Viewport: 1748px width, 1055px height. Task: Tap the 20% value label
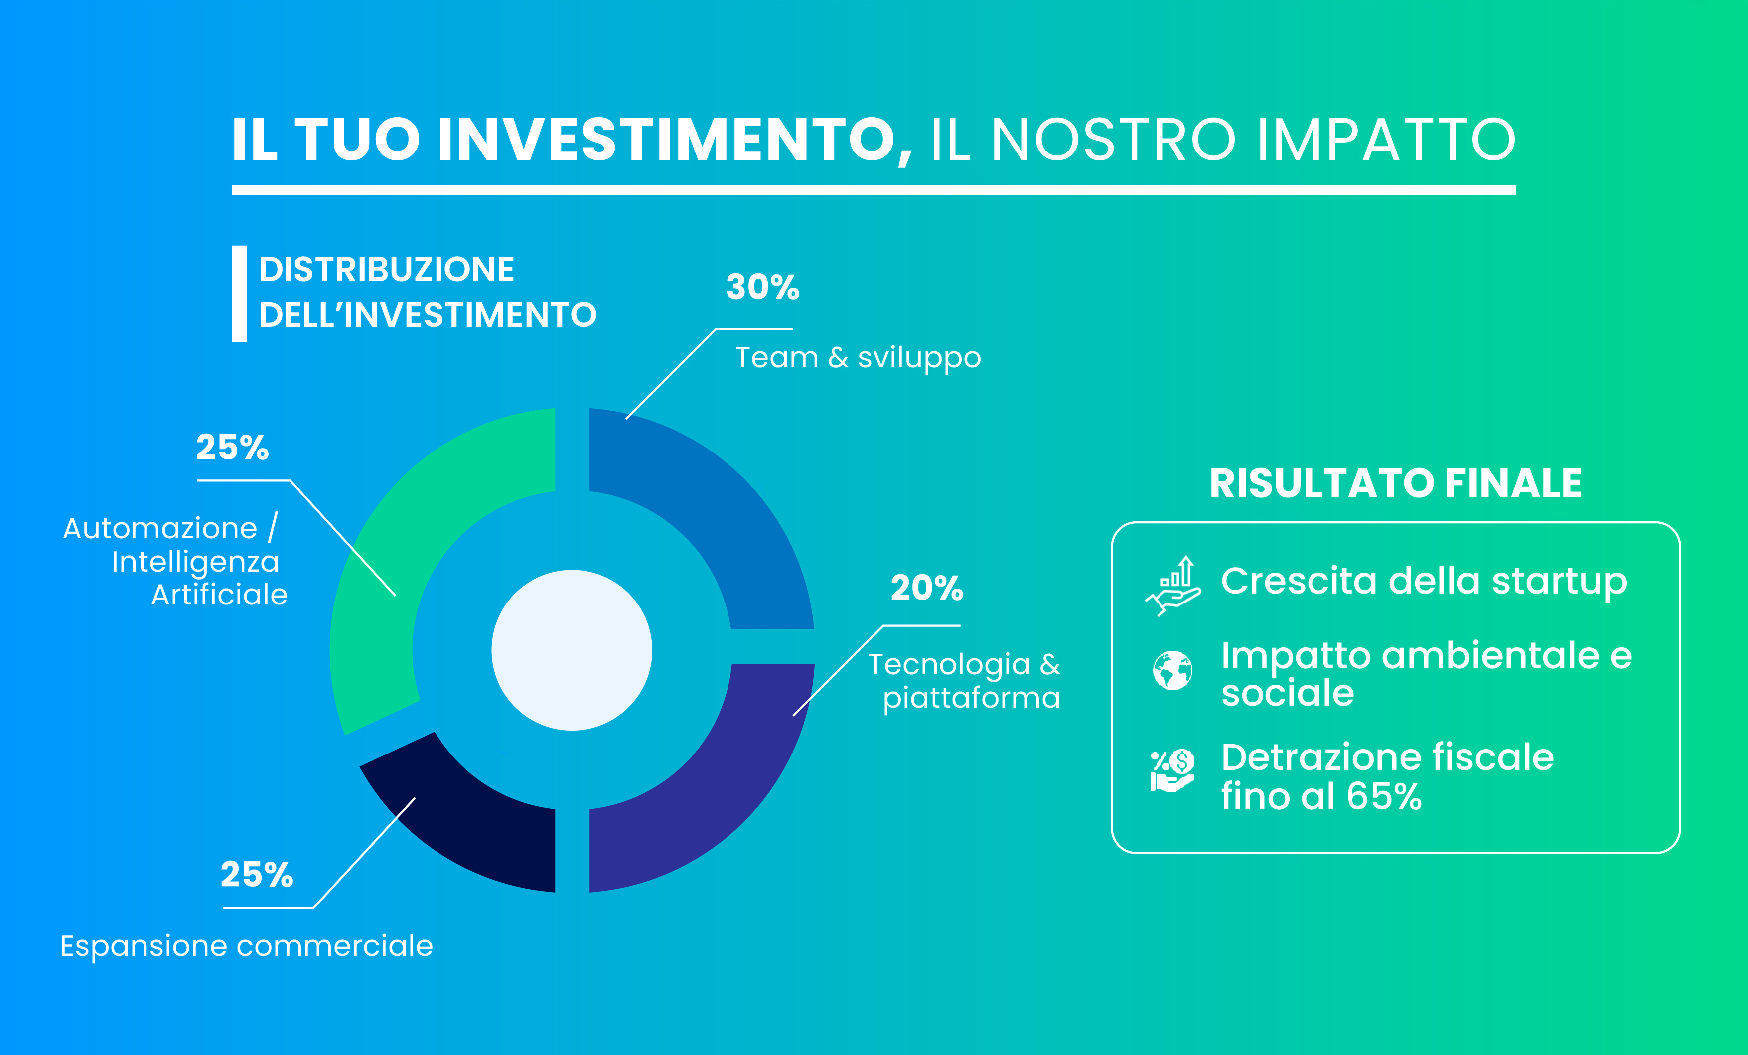coord(927,588)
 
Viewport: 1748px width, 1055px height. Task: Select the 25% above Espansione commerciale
coord(257,874)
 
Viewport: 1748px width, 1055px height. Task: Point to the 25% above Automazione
coord(233,447)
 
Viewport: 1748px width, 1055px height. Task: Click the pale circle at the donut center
coord(572,650)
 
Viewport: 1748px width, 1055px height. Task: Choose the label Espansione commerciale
coord(246,946)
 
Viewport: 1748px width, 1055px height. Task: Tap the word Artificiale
coord(219,595)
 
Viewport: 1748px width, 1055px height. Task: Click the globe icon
coord(1172,670)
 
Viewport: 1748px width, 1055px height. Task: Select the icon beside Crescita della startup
coord(1172,586)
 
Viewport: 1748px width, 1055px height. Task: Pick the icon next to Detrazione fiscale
coord(1172,771)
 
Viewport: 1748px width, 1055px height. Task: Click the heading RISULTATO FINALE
coord(1395,484)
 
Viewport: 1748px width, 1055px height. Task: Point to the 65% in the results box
coord(1384,797)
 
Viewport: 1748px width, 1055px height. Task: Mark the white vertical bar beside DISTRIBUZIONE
coord(239,294)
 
